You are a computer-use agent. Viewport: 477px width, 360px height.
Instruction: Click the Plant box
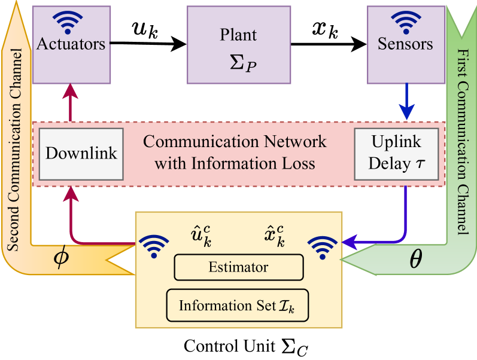(x=239, y=44)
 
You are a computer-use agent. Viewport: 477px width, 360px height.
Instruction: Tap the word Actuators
(x=71, y=44)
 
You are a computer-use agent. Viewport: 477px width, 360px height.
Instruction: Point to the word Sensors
(x=405, y=44)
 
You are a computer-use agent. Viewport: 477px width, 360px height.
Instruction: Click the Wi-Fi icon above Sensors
(x=406, y=22)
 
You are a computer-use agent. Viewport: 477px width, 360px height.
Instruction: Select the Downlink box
(x=81, y=153)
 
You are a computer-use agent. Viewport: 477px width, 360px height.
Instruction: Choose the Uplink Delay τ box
(x=396, y=153)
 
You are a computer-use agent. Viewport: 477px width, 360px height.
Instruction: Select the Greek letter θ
(x=415, y=260)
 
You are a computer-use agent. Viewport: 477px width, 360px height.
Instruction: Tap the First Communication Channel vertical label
(x=462, y=141)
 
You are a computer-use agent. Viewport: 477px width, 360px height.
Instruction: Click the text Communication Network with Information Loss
(x=235, y=152)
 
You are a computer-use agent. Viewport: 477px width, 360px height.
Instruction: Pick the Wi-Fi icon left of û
(x=154, y=245)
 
